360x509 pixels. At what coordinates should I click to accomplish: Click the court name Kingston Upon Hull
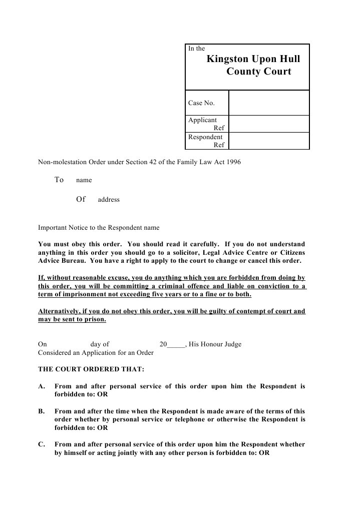pyautogui.click(x=254, y=59)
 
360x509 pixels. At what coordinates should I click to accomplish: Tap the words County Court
pyautogui.click(x=258, y=72)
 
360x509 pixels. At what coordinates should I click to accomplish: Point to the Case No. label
pyautogui.click(x=201, y=103)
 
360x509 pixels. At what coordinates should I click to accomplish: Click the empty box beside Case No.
pyautogui.click(x=269, y=103)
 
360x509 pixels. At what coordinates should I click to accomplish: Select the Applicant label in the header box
pyautogui.click(x=202, y=120)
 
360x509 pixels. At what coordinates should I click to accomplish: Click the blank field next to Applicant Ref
pyautogui.click(x=269, y=124)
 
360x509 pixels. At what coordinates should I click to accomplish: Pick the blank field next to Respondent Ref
pyautogui.click(x=269, y=141)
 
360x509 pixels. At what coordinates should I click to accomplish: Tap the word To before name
pyautogui.click(x=59, y=180)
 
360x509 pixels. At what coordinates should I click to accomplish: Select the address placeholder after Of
pyautogui.click(x=109, y=200)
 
